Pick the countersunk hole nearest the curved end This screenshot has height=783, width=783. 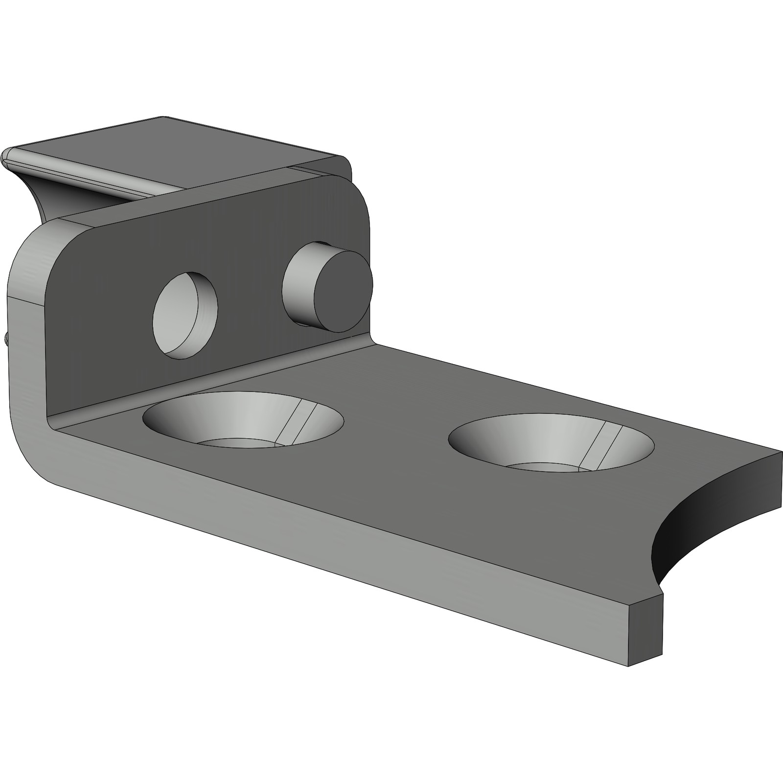coord(551,443)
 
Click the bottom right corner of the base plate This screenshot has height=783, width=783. coord(629,665)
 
